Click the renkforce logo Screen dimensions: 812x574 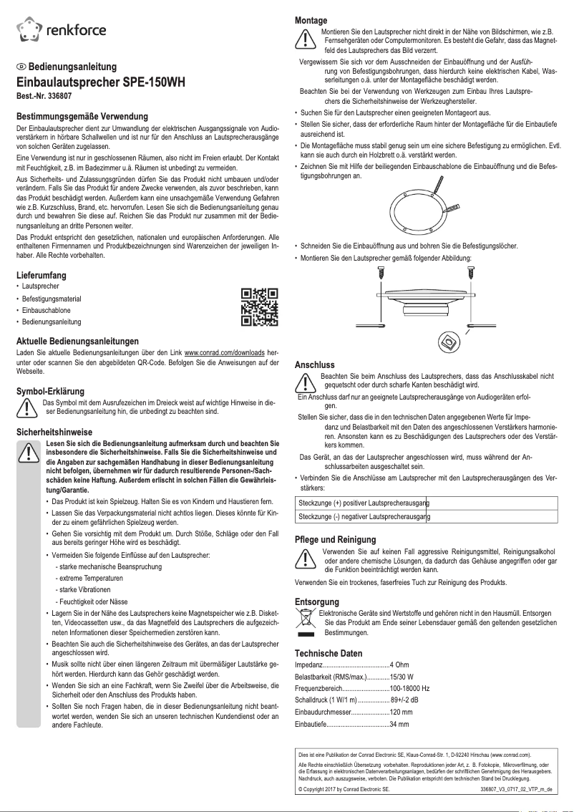pyautogui.click(x=61, y=29)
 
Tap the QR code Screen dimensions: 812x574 pyautogui.click(x=258, y=306)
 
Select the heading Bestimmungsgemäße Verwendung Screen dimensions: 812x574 pyautogui.click(x=82, y=116)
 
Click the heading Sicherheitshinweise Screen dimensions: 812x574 pyautogui.click(x=54, y=432)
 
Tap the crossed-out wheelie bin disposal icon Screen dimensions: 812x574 pyautogui.click(x=306, y=621)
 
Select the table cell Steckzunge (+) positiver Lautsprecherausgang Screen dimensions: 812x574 pyautogui.click(x=364, y=503)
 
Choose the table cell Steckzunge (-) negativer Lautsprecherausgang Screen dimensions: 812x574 pyautogui.click(x=364, y=516)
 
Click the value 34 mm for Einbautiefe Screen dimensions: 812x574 pyautogui.click(x=399, y=725)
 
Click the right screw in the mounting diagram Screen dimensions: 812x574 pyautogui.click(x=472, y=273)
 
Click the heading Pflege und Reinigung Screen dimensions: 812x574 pyautogui.click(x=335, y=539)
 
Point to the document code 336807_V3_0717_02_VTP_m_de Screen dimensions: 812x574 pyautogui.click(x=516, y=788)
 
